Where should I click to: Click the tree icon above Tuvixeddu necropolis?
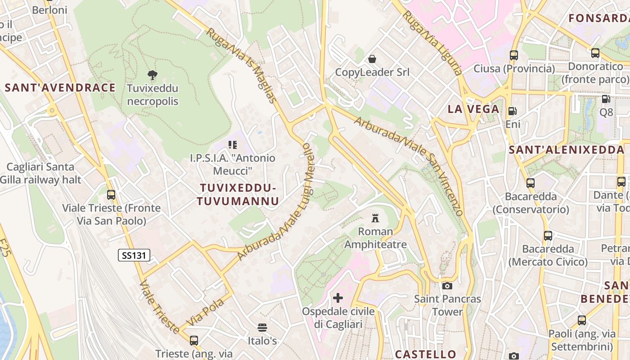(153, 75)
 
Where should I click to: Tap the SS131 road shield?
(134, 256)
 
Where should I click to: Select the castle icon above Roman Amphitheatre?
(375, 219)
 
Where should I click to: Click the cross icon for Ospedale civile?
(337, 298)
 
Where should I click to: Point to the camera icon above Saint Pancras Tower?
(447, 286)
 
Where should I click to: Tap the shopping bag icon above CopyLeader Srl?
(372, 59)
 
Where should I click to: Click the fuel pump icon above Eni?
(512, 111)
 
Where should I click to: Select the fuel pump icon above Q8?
(606, 99)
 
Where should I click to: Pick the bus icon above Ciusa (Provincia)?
(514, 55)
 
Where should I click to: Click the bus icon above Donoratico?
(595, 53)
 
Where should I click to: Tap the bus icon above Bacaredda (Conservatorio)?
(531, 183)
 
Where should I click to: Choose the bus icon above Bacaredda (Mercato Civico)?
(548, 235)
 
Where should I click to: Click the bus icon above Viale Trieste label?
(111, 195)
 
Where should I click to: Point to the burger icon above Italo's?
(262, 327)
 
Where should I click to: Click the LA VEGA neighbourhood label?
(473, 109)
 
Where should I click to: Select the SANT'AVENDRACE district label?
(60, 88)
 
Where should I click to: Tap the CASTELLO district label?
(426, 354)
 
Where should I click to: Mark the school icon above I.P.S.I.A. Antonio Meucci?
(232, 145)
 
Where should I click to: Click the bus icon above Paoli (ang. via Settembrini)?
(582, 320)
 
